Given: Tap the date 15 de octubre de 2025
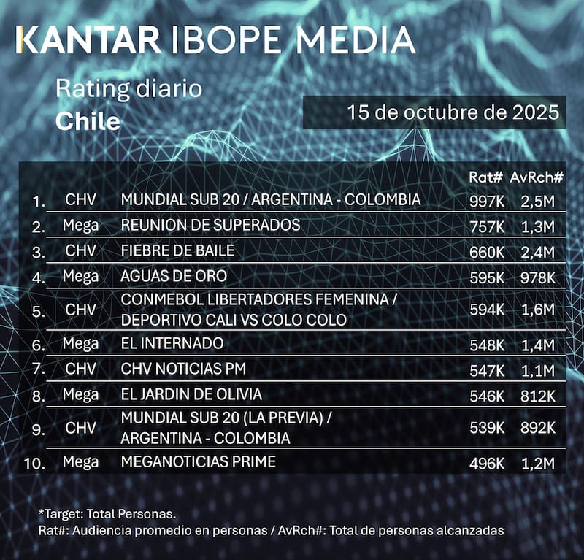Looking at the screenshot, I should coord(453,112).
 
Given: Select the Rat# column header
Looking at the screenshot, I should coord(485,177).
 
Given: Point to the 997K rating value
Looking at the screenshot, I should coord(485,200).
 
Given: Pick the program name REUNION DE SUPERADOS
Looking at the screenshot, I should coord(210,225).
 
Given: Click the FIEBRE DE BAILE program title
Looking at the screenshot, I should coord(177,251).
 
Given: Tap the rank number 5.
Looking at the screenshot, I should coord(39,310).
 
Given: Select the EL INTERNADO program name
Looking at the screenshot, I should coord(172,343).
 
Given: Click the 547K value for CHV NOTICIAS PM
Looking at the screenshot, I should coord(485,369).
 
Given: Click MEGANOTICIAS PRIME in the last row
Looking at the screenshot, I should coord(198,461).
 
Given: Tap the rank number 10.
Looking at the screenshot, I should coord(34,463).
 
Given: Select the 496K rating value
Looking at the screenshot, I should coord(485,463).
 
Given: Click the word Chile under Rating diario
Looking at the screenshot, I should coord(88,120).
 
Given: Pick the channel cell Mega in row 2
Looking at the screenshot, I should coord(80,226).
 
